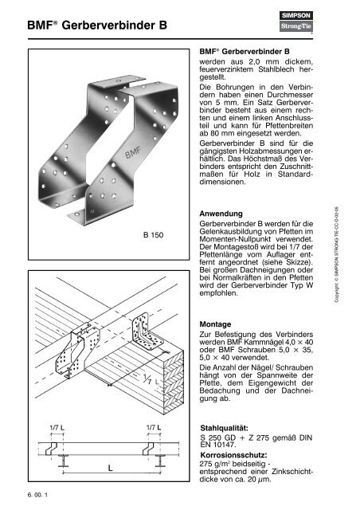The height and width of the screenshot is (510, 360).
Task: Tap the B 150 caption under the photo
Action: click(153, 236)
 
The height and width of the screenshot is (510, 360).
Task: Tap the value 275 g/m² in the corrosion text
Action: click(217, 471)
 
